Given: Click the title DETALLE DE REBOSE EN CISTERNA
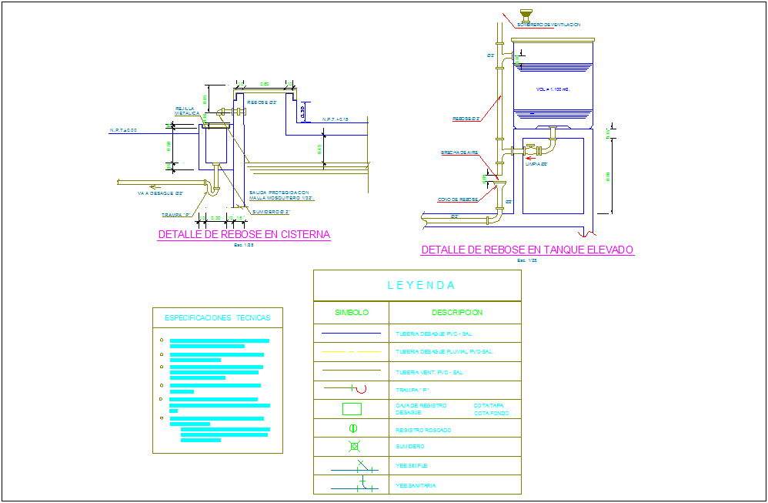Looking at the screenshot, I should (x=244, y=235).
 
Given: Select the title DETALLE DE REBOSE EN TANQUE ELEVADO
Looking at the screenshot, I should (x=527, y=250).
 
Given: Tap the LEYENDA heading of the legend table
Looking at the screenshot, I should (x=421, y=286).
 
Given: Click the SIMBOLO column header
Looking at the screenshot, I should (x=352, y=313).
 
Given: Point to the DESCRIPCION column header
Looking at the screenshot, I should (x=457, y=313).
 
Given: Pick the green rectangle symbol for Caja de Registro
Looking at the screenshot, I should (x=352, y=409).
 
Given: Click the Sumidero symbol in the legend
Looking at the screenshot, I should (x=354, y=447).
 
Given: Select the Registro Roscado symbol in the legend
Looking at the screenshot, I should (x=352, y=429).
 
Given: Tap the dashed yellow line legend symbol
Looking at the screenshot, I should (x=351, y=352).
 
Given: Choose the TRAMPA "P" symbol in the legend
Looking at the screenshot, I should (x=350, y=390).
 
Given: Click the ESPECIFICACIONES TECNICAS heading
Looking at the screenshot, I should (x=218, y=317).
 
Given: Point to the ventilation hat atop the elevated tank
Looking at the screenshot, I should (x=526, y=14).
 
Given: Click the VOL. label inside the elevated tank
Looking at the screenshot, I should (x=553, y=90).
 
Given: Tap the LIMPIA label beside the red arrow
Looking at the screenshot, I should (x=536, y=164).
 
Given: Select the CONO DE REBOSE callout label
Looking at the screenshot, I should (x=458, y=200).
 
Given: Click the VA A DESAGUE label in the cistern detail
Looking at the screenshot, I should (x=160, y=193).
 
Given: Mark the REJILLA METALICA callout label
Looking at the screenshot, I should (x=187, y=111).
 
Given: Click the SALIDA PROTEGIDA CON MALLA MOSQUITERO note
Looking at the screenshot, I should (x=280, y=196).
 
